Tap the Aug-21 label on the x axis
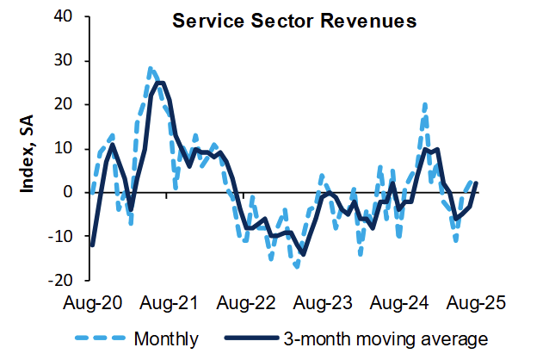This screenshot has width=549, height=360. point(168,304)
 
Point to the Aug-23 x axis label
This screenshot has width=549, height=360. point(323,304)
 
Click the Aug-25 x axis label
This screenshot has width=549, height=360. point(472,304)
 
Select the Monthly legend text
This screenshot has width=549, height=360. point(164,337)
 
